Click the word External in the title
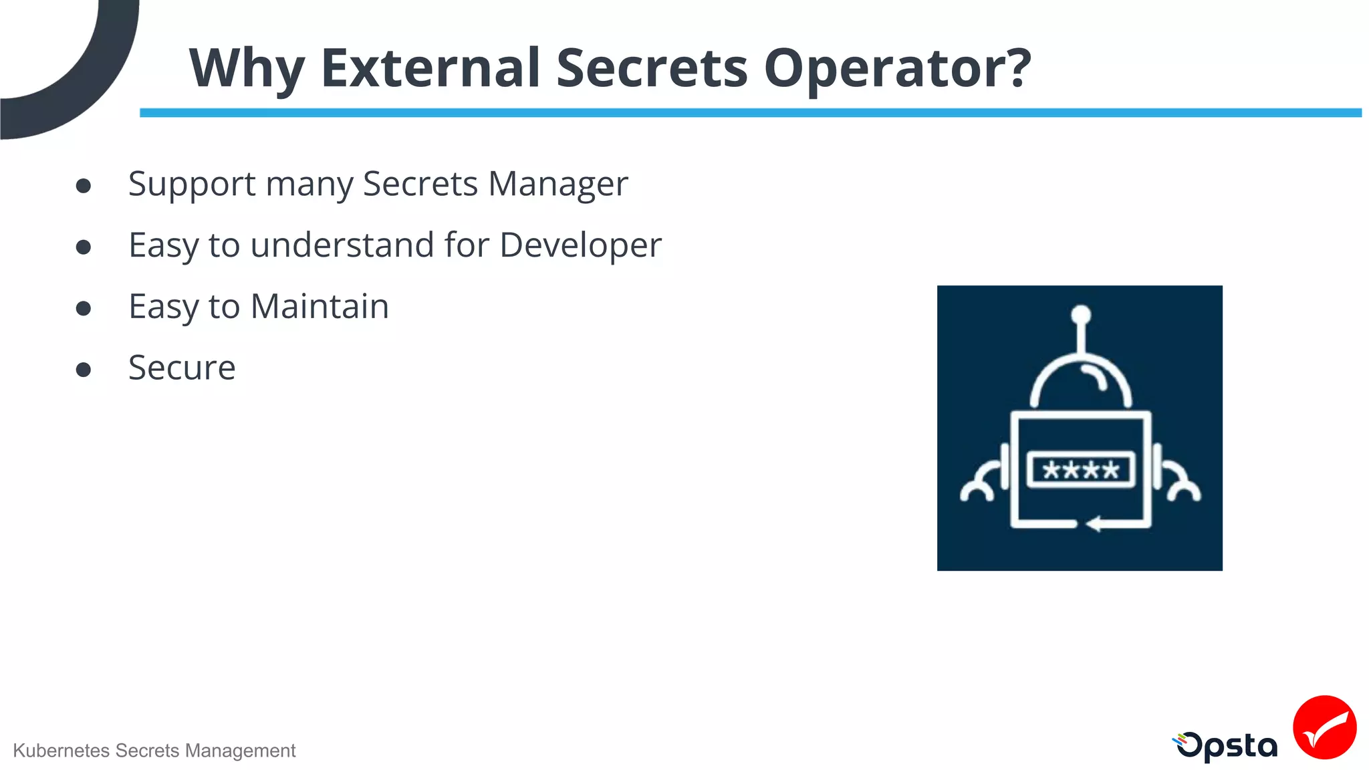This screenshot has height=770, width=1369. [x=430, y=68]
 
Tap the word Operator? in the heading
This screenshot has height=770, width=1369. [x=897, y=68]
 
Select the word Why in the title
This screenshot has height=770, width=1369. [x=247, y=68]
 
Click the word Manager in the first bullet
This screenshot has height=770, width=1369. [x=558, y=184]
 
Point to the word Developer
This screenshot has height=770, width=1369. [x=580, y=245]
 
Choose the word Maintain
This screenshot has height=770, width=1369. [x=320, y=307]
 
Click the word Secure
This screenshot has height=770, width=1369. [x=182, y=368]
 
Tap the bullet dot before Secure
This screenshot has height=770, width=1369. [x=84, y=370]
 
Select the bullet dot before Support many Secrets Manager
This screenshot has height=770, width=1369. [x=84, y=186]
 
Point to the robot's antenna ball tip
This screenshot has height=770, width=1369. [x=1081, y=314]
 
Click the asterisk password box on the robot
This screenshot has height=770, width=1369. [x=1080, y=470]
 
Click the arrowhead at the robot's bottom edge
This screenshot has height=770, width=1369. [x=1094, y=524]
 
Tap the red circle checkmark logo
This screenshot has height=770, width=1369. [x=1324, y=727]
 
